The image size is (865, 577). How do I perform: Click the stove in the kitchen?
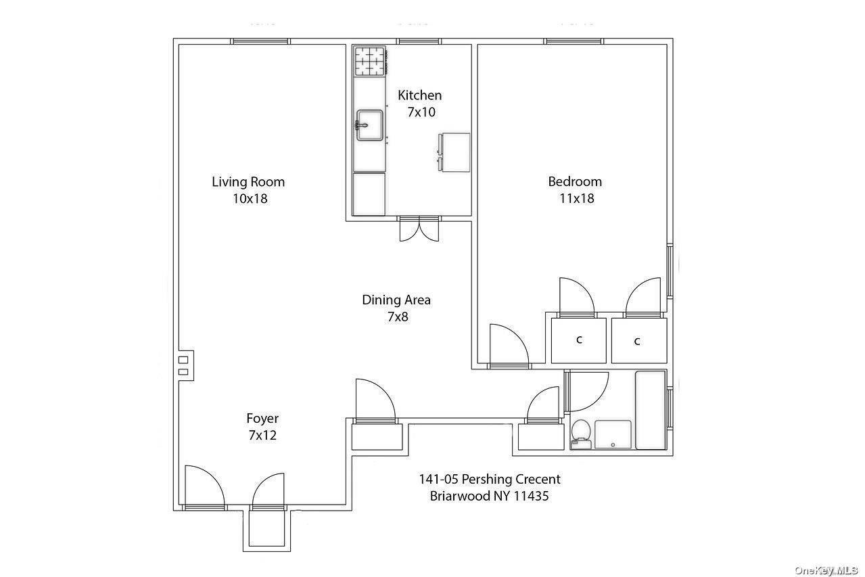pyautogui.click(x=370, y=62)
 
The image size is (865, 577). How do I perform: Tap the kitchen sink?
pyautogui.click(x=369, y=125)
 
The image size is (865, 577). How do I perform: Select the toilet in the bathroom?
pyautogui.click(x=581, y=434)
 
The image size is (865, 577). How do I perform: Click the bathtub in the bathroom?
pyautogui.click(x=650, y=410)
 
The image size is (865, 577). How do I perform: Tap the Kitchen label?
pyautogui.click(x=419, y=95)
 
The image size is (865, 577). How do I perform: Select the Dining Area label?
pyautogui.click(x=396, y=300)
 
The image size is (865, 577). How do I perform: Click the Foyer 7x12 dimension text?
pyautogui.click(x=262, y=436)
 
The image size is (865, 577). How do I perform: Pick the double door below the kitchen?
pyautogui.click(x=419, y=229)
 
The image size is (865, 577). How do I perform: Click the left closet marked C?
pyautogui.click(x=579, y=340)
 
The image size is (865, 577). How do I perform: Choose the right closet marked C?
pyautogui.click(x=637, y=341)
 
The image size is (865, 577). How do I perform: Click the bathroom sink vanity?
pyautogui.click(x=613, y=434)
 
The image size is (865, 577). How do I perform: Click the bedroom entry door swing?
pyautogui.click(x=508, y=345)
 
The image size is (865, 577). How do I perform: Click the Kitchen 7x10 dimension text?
pyautogui.click(x=421, y=112)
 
